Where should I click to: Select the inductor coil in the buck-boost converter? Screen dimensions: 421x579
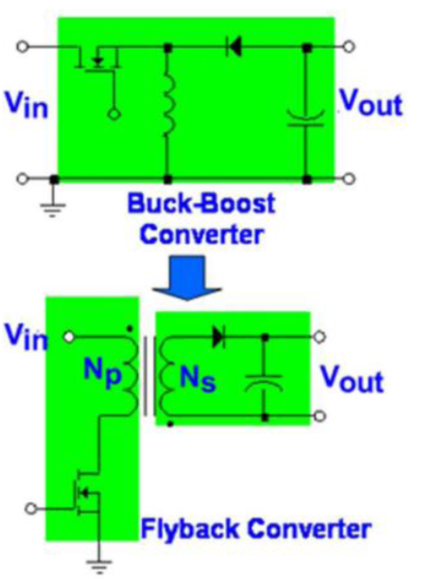click(x=168, y=112)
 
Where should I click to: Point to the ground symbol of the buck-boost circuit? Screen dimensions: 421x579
click(x=54, y=205)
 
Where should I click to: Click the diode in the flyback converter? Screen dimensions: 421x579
click(x=219, y=337)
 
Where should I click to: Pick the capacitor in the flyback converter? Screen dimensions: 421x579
click(x=265, y=381)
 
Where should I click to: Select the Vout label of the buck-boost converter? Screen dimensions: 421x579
click(x=371, y=105)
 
